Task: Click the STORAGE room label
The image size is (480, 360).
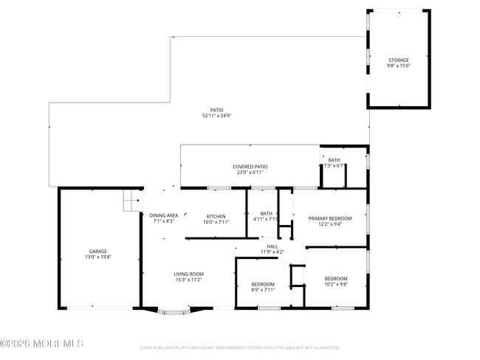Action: (x=399, y=60)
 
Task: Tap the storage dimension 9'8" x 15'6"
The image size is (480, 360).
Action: (x=399, y=66)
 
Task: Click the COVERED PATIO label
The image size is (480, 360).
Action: (x=250, y=167)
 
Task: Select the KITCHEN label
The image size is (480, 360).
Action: (x=216, y=216)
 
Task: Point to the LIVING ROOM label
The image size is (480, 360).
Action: (x=188, y=274)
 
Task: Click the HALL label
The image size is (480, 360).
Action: (x=272, y=246)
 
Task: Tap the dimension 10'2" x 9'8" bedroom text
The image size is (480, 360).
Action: (x=335, y=285)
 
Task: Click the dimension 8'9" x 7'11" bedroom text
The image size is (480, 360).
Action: (x=262, y=290)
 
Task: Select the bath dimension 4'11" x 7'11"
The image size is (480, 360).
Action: (x=266, y=219)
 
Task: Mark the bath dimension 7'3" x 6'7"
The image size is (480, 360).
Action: (x=334, y=166)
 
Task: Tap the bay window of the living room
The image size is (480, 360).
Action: (x=174, y=312)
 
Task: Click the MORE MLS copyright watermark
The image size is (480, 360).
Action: (x=42, y=344)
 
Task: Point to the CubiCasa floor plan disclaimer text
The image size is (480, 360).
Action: (x=239, y=347)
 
